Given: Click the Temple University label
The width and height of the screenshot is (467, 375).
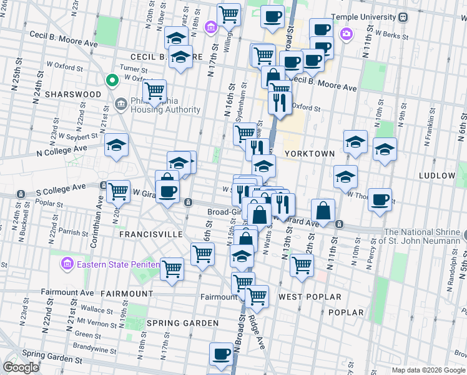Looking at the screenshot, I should click(x=368, y=17).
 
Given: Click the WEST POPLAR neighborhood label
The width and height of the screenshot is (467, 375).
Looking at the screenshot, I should click(x=310, y=296).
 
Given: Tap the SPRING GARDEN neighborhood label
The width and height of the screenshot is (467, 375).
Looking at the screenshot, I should click(x=182, y=323).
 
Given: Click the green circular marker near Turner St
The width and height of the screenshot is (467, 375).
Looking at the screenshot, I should click(x=112, y=80).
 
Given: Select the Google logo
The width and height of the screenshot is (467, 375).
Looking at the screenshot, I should click(x=21, y=367).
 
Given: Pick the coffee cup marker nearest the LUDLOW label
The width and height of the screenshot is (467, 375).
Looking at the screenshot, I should click(x=380, y=199).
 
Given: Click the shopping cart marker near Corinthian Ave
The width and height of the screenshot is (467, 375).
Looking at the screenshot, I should click(x=117, y=191).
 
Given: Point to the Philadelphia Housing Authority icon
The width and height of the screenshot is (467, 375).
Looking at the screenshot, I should click(x=120, y=102).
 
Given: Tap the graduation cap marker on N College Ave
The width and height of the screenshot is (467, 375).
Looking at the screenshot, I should click(x=116, y=145).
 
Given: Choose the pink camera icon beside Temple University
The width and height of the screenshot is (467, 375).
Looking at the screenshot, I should click(x=345, y=32).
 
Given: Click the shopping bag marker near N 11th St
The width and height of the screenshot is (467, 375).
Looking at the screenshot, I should click(x=323, y=211).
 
